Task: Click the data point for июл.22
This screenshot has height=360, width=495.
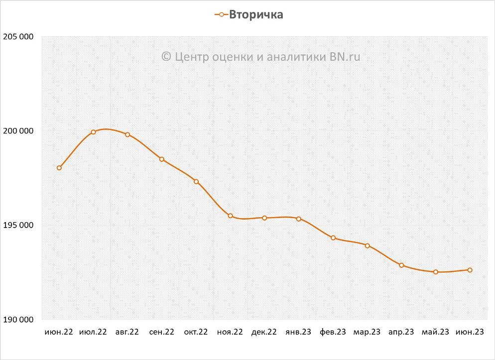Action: click(93, 132)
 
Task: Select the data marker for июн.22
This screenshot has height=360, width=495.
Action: click(59, 168)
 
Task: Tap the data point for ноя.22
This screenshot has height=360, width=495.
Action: click(230, 216)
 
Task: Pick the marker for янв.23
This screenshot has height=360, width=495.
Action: click(299, 219)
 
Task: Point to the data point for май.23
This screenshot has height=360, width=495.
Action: click(436, 272)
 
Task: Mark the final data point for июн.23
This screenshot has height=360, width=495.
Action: click(470, 270)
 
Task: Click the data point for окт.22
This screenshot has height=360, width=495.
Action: click(196, 181)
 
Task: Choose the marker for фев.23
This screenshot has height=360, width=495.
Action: click(333, 238)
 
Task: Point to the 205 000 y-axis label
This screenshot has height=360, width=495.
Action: click(18, 37)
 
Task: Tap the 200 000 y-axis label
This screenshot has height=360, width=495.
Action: click(18, 131)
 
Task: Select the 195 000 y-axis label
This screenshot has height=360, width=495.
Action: click(18, 225)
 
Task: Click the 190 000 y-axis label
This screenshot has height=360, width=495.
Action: click(18, 320)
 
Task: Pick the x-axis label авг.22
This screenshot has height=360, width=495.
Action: click(127, 332)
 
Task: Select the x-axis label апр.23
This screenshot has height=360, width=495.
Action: click(401, 332)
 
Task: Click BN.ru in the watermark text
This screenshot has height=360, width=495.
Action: click(345, 57)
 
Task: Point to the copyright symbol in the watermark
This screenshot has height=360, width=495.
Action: click(167, 57)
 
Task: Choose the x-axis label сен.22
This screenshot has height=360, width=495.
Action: click(162, 332)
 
